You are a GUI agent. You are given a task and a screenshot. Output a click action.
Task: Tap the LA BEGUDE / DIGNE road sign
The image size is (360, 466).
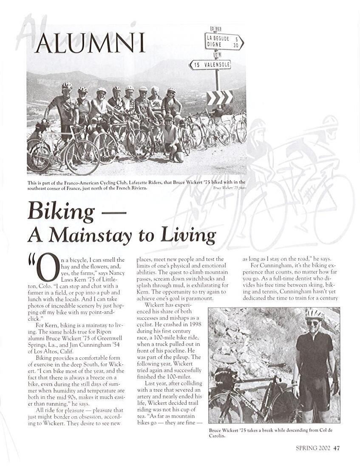pyautogui.click(x=224, y=41)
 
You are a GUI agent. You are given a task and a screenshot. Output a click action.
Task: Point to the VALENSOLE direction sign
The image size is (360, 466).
pyautogui.click(x=210, y=65)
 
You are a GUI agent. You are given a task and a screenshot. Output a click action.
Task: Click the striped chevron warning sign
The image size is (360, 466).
pyautogui.click(x=219, y=97)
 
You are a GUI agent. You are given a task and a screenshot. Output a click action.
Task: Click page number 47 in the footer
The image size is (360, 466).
pyautogui.click(x=337, y=447)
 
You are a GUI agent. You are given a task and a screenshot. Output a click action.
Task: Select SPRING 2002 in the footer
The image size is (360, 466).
pyautogui.click(x=312, y=447)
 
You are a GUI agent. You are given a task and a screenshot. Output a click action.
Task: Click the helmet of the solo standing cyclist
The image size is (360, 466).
pyautogui.click(x=315, y=313)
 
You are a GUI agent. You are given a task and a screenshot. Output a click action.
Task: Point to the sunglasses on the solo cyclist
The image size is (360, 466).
pyautogui.click(x=314, y=323)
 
